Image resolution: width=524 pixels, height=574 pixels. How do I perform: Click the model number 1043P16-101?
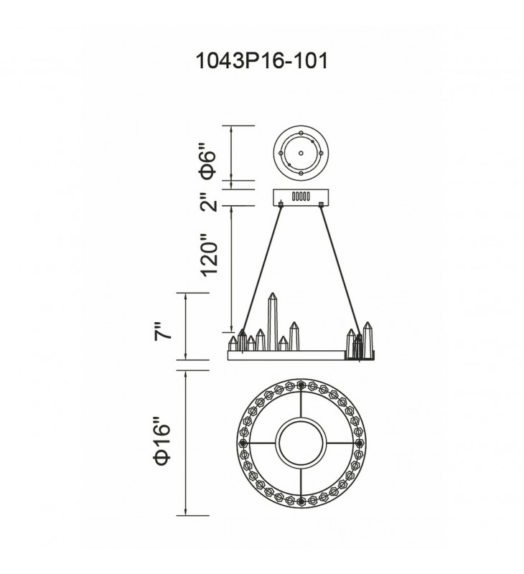click(262, 61)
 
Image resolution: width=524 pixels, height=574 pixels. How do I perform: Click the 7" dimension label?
click(162, 331)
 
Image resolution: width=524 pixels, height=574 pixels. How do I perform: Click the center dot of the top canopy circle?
click(301, 154)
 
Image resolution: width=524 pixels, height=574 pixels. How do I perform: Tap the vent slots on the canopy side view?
click(301, 196)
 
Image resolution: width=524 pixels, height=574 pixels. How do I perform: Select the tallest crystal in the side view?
click(273, 321)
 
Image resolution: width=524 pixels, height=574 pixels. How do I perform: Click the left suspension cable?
click(261, 268)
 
